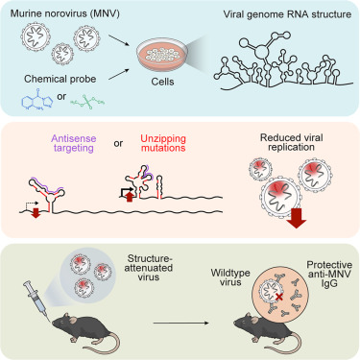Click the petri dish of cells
coord(162,57)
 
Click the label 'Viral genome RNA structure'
coord(287,14)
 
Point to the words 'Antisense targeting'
coord(74,143)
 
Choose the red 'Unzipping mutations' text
coord(163,143)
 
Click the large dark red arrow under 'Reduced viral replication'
coord(297,219)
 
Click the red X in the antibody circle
coord(279,298)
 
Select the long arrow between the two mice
coord(180,323)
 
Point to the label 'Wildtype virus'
coord(230,277)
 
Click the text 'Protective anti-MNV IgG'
coord(329,275)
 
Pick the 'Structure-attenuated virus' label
coord(149,268)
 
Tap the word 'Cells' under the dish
coord(162,82)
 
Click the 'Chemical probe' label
coord(60,79)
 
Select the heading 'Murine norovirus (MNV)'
coord(65,13)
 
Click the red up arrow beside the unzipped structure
coord(130,196)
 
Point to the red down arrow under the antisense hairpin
coord(36,213)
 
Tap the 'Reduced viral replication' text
coord(292,142)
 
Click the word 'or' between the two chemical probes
coord(61,96)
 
